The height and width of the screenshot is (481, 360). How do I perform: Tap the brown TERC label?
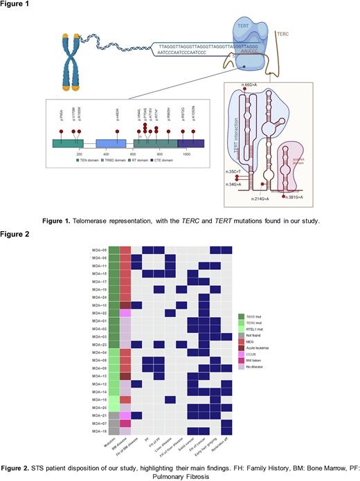pos(283,33)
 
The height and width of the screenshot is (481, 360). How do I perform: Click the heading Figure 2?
pos(15,233)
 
